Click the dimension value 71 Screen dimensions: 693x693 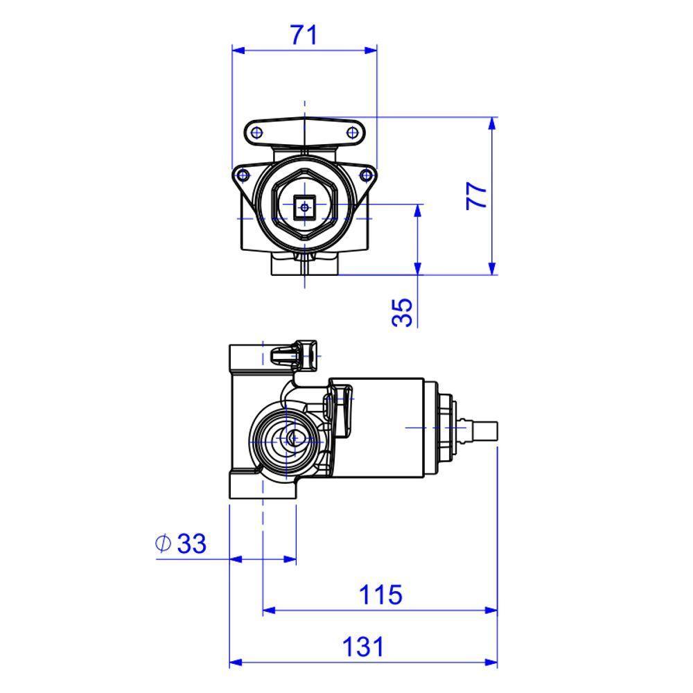pos(303,34)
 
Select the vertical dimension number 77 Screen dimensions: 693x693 pos(477,197)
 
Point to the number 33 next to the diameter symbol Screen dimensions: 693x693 pos(191,544)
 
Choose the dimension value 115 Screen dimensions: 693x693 pos(380,595)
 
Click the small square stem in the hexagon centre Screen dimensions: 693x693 pos(304,206)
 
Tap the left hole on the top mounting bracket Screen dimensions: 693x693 pos(256,132)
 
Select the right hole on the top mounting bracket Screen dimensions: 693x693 pos(351,132)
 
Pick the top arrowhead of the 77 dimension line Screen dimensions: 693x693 pos(492,123)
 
